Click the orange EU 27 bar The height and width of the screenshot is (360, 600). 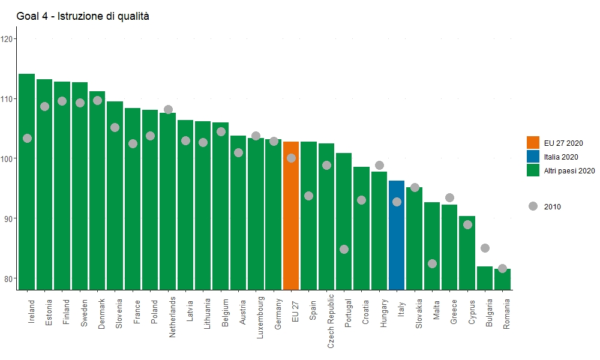291,216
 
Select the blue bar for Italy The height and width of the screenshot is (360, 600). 397,235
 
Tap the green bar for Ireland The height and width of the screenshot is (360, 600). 27,182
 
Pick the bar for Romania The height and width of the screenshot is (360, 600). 502,279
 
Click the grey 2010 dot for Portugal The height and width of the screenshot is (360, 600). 344,250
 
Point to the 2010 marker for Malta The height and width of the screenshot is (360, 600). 432,263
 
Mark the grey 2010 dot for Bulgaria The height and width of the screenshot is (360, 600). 485,248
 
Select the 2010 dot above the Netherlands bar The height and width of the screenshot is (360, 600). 168,109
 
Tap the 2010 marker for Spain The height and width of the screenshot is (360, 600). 308,196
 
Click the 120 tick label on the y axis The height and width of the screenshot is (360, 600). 7,38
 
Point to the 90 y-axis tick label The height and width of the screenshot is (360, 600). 9,218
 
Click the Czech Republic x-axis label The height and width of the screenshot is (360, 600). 331,321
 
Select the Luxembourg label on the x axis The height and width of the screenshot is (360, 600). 260,317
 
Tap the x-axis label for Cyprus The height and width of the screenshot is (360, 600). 472,312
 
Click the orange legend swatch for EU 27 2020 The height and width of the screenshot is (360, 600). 533,142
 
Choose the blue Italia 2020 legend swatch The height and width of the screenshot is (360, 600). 533,156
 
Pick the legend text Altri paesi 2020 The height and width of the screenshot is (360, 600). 569,171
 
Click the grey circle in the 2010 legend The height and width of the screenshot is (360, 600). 533,206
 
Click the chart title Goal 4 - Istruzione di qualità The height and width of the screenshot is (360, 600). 83,16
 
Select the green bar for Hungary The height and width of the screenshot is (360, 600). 379,230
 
